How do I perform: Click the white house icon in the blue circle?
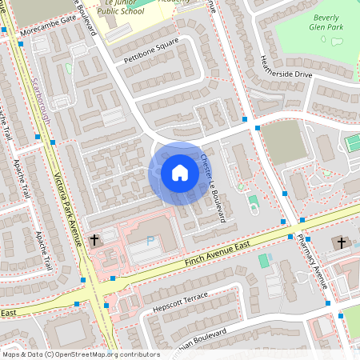tap(179, 172)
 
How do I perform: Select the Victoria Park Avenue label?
tap(69, 206)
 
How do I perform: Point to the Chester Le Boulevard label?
tap(213, 187)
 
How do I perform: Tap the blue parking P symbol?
tap(150, 241)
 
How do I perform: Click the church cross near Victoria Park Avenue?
tap(94, 239)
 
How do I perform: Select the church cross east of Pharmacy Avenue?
tap(341, 242)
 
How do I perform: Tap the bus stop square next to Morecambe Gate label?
tap(4, 30)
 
